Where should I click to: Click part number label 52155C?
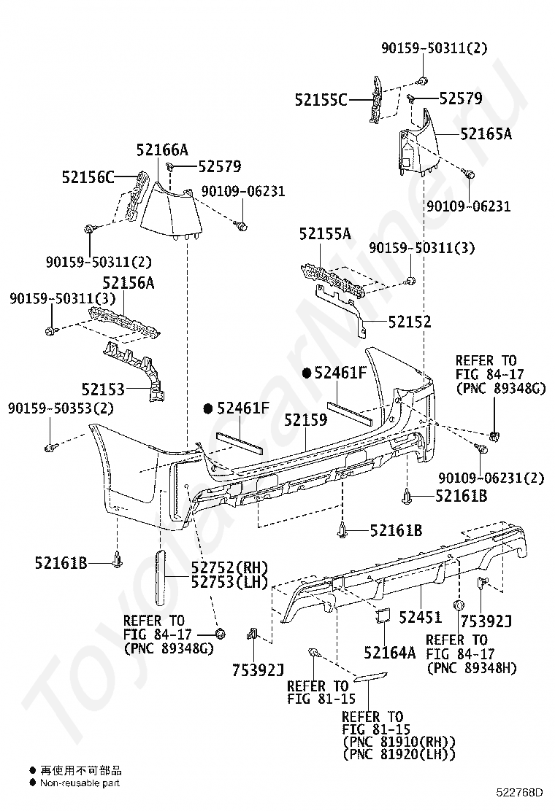tap(321, 99)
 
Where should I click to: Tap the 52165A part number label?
tap(486, 134)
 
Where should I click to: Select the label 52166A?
tap(162, 150)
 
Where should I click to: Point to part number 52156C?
tap(88, 177)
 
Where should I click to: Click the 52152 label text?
tap(410, 322)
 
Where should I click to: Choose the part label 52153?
tap(103, 389)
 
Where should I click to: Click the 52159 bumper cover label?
tap(305, 419)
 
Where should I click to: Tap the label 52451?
tap(420, 616)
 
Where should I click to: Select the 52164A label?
tap(389, 653)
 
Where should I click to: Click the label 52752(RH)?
tap(229, 567)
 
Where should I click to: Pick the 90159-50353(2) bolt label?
tap(61, 408)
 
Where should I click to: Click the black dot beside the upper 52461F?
tap(307, 373)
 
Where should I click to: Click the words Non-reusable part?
tap(80, 783)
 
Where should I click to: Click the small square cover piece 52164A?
tap(383, 614)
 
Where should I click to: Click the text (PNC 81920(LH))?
tap(399, 754)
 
